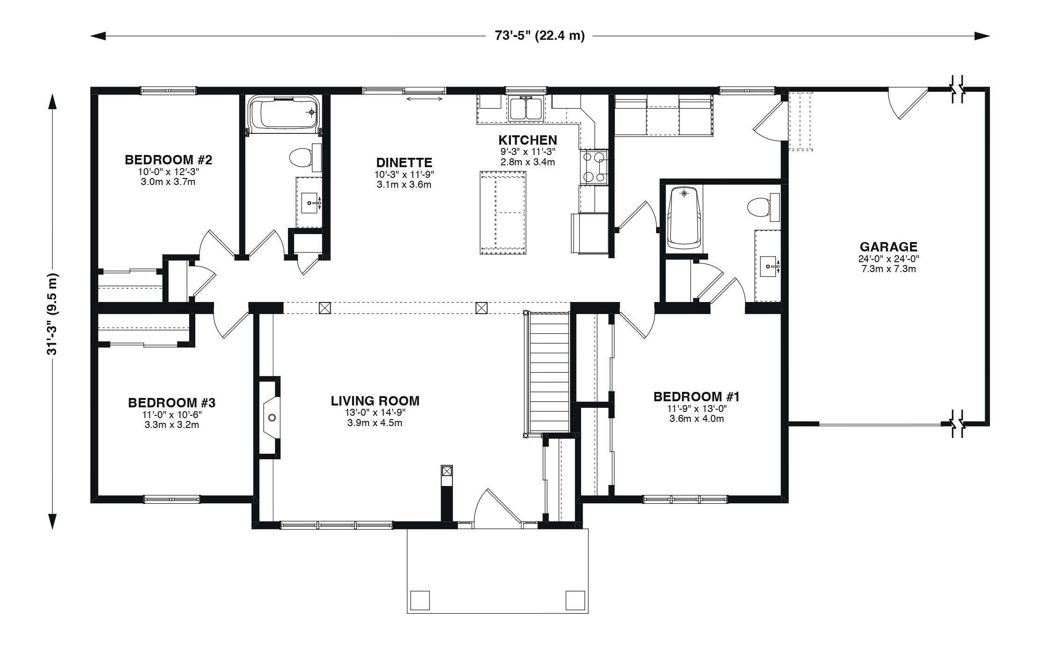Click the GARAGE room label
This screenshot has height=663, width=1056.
coord(888,246)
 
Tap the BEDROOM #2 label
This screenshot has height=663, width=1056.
coord(169,160)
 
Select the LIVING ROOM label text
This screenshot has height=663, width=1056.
coord(375,401)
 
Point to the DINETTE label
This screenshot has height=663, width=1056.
coord(404,162)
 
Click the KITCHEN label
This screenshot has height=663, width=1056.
coord(528,140)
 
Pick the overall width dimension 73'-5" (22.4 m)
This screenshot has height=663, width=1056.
coord(540,36)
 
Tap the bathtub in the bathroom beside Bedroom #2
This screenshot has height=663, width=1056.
coord(284,113)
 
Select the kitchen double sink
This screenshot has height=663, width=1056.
coord(526,109)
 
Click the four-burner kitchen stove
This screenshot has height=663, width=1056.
coord(594,167)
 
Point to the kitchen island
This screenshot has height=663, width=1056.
coord(503,213)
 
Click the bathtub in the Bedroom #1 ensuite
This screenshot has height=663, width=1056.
coord(685,218)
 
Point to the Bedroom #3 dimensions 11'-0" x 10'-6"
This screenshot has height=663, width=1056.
coord(172,414)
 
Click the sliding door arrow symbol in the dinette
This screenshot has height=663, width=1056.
coord(425,98)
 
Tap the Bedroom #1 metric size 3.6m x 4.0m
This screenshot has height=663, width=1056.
coord(696,419)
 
